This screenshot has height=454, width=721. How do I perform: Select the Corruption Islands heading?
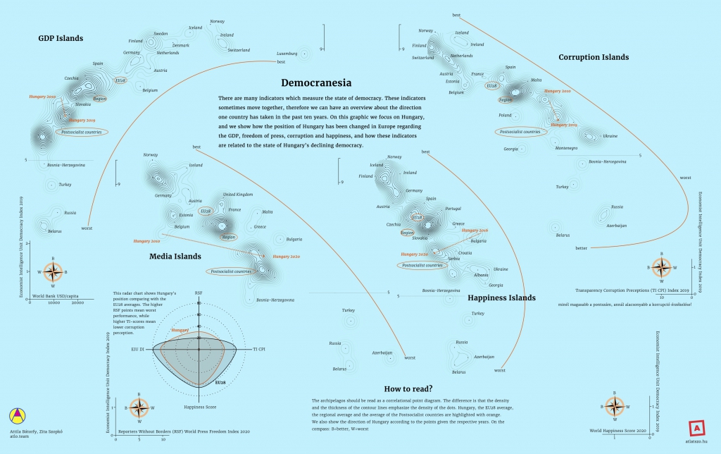pos(594,56)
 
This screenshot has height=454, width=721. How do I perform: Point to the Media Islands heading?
pos(175,256)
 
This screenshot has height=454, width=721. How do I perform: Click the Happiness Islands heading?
pos(501,297)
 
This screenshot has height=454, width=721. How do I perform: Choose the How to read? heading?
pos(408,388)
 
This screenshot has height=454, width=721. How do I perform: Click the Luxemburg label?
pos(287,54)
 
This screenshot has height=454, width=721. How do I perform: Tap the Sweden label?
pos(161,34)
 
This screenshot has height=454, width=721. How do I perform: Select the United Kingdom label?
pos(237,194)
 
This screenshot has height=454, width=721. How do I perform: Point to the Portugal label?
pos(453,209)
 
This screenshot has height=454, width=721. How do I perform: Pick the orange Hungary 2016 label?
pos(475,231)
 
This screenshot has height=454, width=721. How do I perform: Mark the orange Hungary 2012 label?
pos(563,124)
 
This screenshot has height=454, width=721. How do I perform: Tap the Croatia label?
pos(465,252)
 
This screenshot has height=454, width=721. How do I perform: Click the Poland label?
pos(505,115)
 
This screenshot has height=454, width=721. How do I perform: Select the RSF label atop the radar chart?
pos(199,291)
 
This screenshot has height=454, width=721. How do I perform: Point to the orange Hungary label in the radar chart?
pos(180,330)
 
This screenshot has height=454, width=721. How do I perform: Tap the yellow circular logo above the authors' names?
pos(15,415)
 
